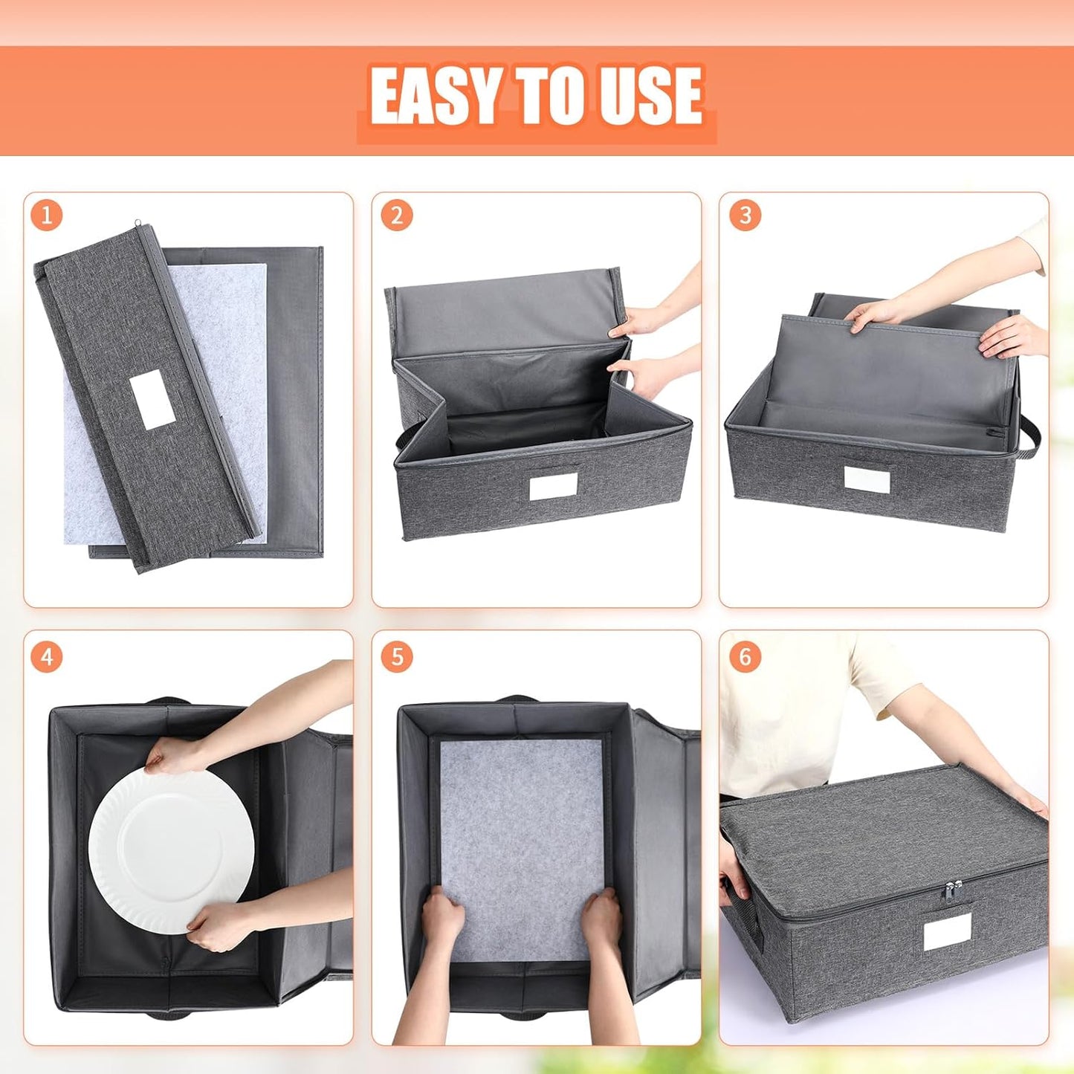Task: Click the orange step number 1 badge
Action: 47,216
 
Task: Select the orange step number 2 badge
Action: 396,216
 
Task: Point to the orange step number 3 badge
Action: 745,216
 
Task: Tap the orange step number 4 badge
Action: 47,657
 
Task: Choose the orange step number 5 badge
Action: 396,657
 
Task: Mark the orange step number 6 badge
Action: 745,657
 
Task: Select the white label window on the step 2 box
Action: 554,488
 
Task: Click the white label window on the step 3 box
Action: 867,480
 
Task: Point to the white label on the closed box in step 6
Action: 948,931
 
